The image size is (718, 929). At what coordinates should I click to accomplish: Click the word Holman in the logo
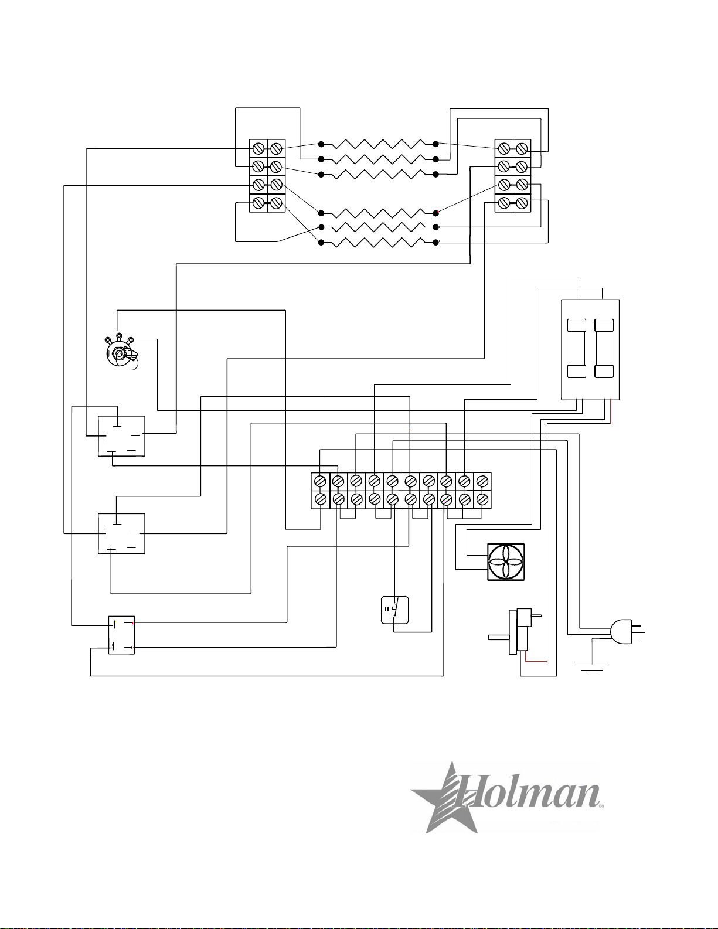[x=530, y=794]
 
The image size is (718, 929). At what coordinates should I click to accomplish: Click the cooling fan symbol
[x=506, y=562]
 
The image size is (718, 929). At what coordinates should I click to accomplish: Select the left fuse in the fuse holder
[x=577, y=348]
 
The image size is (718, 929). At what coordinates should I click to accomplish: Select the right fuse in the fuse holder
[x=604, y=348]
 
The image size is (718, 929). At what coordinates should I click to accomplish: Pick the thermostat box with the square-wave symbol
[x=395, y=610]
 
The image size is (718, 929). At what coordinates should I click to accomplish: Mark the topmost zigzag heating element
[x=379, y=144]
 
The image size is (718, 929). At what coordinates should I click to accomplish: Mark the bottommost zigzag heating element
[x=379, y=243]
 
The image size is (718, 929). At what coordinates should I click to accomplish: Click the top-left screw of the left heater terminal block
[x=258, y=149]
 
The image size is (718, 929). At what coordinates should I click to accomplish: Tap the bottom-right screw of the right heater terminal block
[x=522, y=204]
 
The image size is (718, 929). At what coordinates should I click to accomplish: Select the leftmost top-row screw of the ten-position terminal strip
[x=320, y=481]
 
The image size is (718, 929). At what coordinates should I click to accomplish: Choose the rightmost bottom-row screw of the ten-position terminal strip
[x=482, y=499]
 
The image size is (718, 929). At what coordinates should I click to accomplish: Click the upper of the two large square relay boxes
[x=121, y=435]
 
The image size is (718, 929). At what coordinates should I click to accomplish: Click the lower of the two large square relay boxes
[x=121, y=533]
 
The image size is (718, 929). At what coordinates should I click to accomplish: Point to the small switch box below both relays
[x=121, y=635]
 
